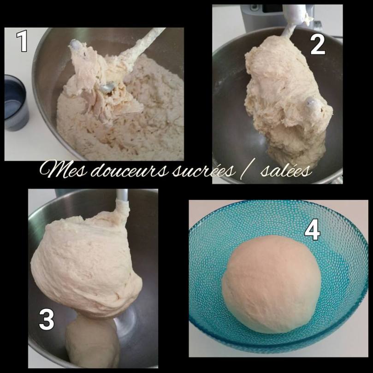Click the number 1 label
coord(22,41)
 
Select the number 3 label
coord(46,320)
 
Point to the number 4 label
coord(312,230)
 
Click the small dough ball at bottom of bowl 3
coord(92,341)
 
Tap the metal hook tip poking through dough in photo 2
coord(311,102)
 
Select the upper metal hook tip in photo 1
coord(75,45)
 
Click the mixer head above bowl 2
coord(277,14)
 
